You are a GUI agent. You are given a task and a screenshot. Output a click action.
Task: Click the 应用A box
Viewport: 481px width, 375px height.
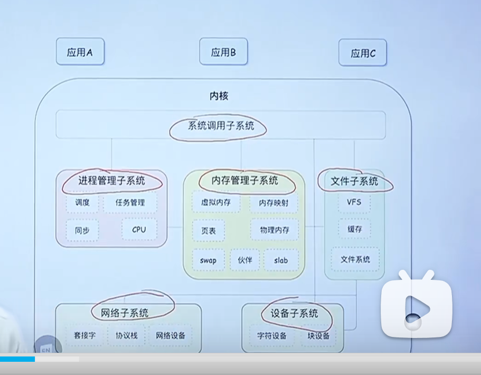click(x=80, y=52)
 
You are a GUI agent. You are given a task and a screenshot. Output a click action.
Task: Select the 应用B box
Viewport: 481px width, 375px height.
click(x=223, y=52)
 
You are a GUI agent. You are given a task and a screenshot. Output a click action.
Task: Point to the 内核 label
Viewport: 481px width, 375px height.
click(x=219, y=96)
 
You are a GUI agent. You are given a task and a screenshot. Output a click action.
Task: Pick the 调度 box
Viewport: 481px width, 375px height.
click(x=82, y=203)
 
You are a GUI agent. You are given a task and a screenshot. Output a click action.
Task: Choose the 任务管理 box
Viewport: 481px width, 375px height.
click(x=130, y=203)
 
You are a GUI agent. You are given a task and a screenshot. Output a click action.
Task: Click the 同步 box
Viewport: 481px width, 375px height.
click(x=82, y=231)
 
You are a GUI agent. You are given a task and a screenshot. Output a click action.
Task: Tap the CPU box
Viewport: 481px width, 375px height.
click(x=139, y=230)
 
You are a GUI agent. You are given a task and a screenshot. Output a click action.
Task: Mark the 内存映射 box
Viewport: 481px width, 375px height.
click(x=273, y=203)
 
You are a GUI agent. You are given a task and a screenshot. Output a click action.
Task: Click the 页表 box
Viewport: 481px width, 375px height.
click(x=208, y=231)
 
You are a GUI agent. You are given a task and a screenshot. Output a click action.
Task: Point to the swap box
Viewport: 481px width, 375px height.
click(x=208, y=260)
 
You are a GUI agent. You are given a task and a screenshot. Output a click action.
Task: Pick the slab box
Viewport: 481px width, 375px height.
click(x=281, y=260)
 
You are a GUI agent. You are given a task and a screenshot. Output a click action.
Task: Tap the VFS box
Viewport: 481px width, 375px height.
click(x=354, y=202)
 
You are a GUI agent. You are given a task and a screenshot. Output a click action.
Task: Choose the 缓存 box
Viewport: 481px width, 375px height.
click(x=354, y=229)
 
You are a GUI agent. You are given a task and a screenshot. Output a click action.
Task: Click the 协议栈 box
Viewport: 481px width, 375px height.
click(x=126, y=335)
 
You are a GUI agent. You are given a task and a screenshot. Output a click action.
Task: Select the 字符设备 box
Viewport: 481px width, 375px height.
click(x=272, y=336)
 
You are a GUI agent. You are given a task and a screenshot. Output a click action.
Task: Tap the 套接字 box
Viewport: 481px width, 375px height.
click(x=84, y=335)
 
